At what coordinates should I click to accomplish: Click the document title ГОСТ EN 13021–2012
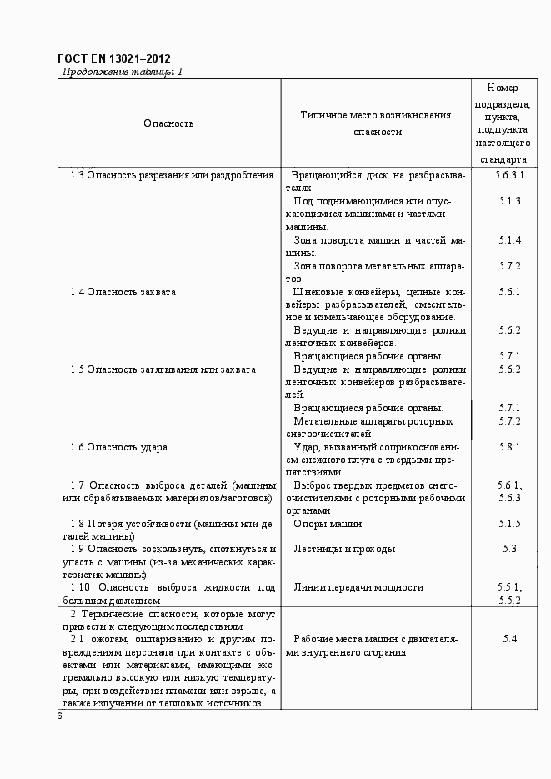113,58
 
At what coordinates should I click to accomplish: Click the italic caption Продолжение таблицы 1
123,72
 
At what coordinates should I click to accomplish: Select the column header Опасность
168,123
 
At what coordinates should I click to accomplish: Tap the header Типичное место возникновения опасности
376,123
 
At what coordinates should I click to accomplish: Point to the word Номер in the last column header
502,88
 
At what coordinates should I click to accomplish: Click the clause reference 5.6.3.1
509,175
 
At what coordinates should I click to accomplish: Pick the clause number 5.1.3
509,201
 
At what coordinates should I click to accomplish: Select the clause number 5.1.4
509,240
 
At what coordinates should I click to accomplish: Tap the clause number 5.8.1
509,447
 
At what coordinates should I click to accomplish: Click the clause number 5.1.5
509,524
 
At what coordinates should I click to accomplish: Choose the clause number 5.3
509,549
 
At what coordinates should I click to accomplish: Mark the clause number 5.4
509,639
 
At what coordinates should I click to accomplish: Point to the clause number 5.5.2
509,600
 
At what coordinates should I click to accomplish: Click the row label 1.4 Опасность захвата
123,292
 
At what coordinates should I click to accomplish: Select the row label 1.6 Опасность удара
118,447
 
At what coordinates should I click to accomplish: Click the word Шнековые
315,292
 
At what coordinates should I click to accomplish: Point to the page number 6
60,716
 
